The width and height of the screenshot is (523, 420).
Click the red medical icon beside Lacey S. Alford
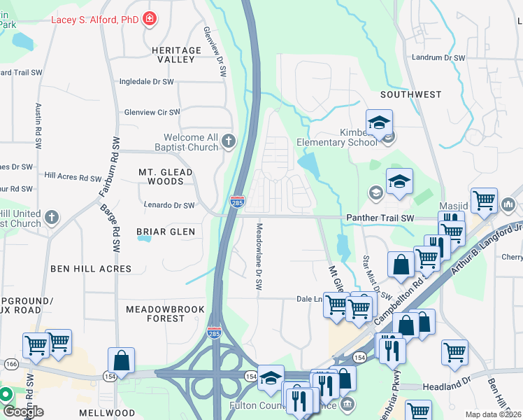tap(150, 20)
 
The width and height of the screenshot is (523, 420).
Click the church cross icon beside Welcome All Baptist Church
tap(229, 143)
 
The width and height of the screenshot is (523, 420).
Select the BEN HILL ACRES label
tap(91, 269)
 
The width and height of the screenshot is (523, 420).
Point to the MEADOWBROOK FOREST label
tap(165, 314)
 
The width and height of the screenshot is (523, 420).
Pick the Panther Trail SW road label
tap(380, 218)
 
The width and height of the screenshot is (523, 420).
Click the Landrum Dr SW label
tap(439, 58)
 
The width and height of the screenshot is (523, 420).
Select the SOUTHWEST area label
tap(411, 94)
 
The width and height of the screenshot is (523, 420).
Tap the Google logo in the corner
tap(22, 411)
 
